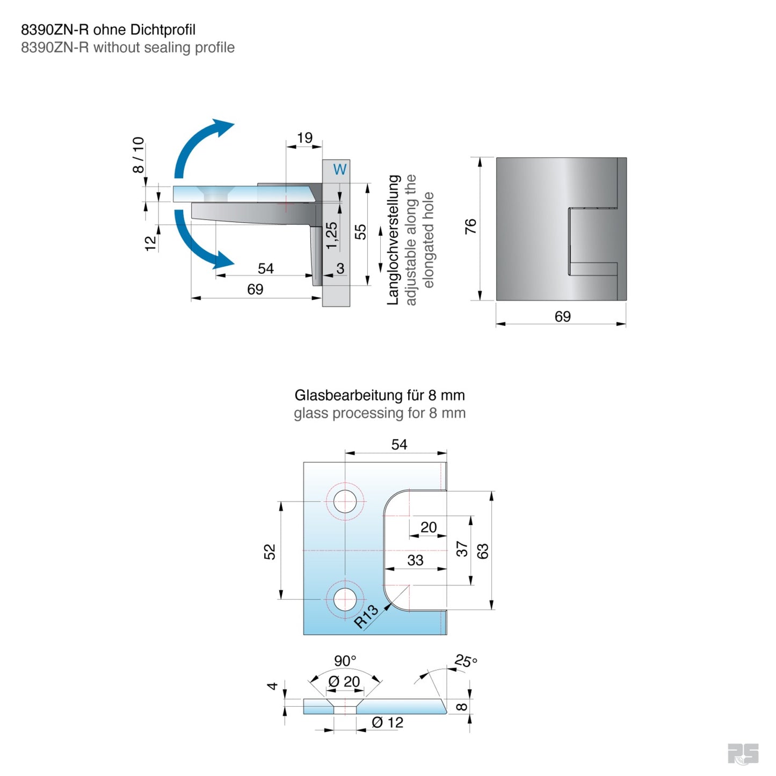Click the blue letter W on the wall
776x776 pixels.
pos(340,170)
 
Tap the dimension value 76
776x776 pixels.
pos(470,226)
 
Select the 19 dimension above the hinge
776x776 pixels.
pos(304,138)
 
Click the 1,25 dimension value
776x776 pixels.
pos(332,235)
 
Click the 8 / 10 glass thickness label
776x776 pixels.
pos(138,155)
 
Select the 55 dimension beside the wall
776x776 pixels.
pos(360,232)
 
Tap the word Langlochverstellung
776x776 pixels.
pos(394,240)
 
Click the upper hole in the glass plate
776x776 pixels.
pos(345,501)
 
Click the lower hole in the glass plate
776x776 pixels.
pos(345,599)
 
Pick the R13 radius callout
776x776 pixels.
pos(367,617)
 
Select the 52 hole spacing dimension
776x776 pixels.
pos(270,552)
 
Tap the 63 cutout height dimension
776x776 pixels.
pos(483,551)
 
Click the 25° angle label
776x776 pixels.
pos(466,661)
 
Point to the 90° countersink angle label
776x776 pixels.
pos(345,661)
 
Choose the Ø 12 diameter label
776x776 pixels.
pos(387,723)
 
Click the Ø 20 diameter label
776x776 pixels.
pos(344,681)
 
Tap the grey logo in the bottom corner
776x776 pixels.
pos(743,754)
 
